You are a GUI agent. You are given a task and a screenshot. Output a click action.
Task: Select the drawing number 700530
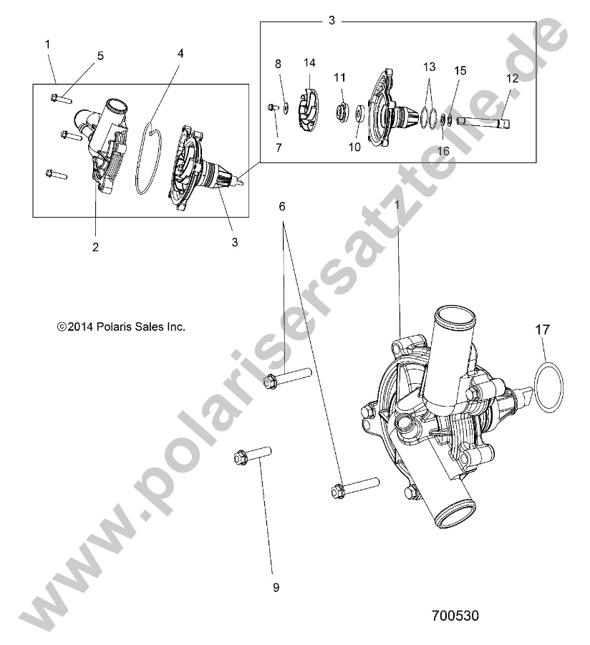pos(455,615)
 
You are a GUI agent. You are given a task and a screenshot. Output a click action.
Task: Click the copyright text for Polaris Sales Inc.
pos(121,326)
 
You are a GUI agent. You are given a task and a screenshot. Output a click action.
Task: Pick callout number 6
pos(281,206)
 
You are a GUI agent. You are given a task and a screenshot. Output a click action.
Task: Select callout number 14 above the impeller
pos(309,63)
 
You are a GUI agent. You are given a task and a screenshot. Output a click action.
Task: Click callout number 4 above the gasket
pos(180,53)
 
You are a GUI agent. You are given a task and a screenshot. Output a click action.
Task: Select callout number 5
pos(100,54)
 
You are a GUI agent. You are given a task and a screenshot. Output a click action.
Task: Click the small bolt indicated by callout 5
pos(61,99)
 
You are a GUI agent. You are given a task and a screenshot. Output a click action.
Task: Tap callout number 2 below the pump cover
pos(95,247)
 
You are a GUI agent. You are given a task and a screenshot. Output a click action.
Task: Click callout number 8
pos(278,64)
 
